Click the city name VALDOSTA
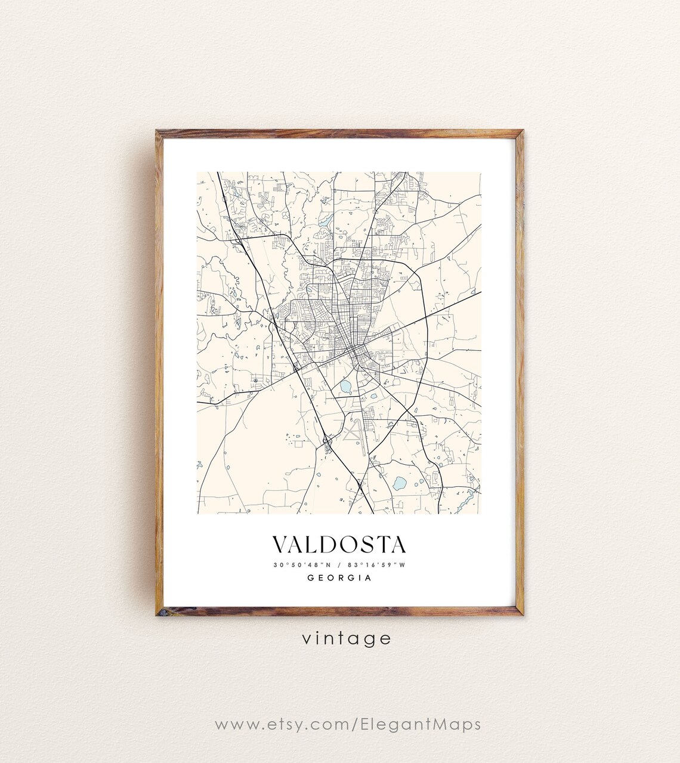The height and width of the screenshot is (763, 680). (339, 544)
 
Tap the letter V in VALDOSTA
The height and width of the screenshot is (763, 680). (280, 544)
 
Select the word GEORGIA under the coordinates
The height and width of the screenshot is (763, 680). (339, 577)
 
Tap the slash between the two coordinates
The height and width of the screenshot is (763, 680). (339, 565)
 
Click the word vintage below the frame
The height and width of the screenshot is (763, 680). (346, 638)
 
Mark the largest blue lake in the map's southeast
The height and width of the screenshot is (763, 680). (398, 483)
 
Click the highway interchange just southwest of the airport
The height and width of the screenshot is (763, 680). (327, 442)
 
